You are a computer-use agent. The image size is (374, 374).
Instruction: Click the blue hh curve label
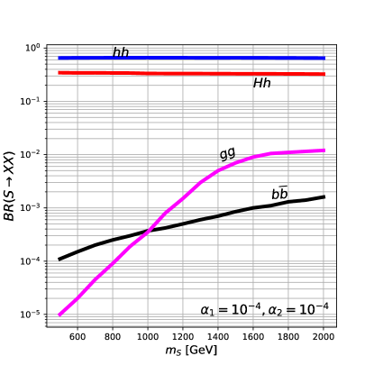[121, 53]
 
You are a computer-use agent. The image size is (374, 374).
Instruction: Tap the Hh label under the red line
[262, 84]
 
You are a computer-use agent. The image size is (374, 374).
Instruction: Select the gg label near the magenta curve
[228, 154]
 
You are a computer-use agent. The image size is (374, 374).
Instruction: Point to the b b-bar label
[280, 194]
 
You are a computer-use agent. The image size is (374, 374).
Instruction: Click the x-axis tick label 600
[78, 337]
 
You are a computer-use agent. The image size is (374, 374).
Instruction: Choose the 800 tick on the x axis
[113, 337]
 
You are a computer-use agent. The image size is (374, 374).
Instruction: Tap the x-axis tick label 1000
[148, 337]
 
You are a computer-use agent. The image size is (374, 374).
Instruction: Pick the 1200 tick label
[183, 337]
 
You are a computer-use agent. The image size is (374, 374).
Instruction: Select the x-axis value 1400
[218, 337]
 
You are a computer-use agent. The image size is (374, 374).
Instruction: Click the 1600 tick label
[253, 337]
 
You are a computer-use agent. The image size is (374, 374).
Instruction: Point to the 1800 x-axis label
[288, 337]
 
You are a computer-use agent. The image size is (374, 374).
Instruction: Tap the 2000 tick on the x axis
[324, 337]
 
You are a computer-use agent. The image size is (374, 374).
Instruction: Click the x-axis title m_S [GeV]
[192, 352]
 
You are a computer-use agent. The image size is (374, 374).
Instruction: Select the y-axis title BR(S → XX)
[11, 181]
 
